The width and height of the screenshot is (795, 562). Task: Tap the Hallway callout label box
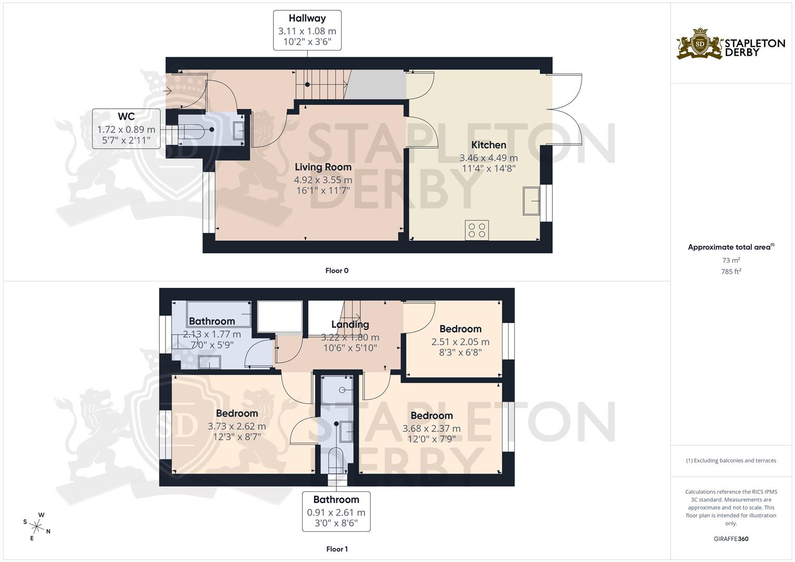pos(307,30)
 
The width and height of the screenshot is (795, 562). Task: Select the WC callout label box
pos(126,129)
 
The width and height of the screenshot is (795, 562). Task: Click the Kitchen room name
pos(488,145)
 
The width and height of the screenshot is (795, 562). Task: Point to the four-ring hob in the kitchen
pos(477,230)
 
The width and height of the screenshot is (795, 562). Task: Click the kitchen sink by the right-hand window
pos(532,200)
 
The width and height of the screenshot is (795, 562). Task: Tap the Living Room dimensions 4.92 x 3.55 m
pos(323,180)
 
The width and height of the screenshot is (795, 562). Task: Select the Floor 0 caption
pos(336,271)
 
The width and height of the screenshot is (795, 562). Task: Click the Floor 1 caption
pos(336,549)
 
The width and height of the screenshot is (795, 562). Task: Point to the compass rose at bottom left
pos(37,526)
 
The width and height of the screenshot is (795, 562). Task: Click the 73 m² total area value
pos(731,260)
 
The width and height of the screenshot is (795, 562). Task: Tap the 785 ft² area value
pos(731,271)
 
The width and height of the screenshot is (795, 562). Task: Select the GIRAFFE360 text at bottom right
pos(731,539)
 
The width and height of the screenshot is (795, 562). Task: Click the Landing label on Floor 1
pos(350,324)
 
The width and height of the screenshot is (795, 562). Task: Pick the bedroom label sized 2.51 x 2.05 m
pos(460,329)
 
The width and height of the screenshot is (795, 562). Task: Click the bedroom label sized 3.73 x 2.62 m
pos(237,414)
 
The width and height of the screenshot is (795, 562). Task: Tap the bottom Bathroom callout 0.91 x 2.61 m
pos(336,511)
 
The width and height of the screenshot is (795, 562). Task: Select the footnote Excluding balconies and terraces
pos(731,461)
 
